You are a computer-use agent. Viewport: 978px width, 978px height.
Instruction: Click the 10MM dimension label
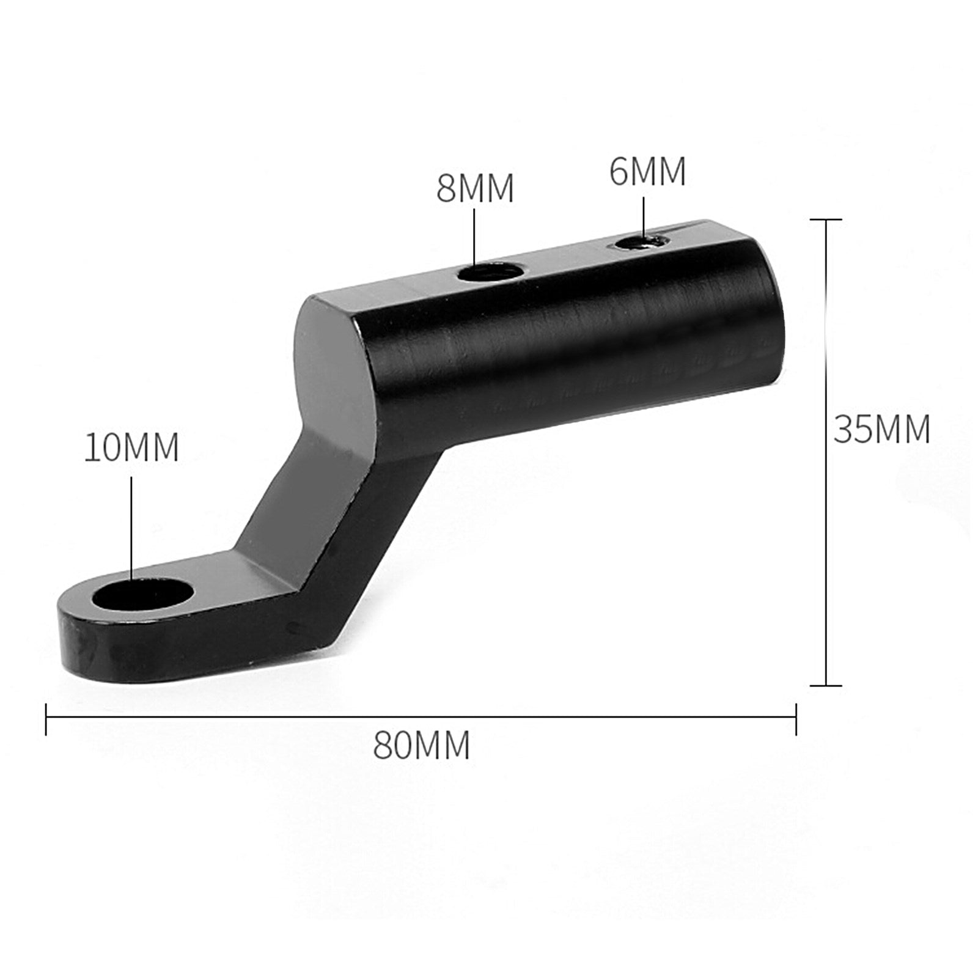click(131, 447)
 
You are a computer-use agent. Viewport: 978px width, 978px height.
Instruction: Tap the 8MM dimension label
click(475, 188)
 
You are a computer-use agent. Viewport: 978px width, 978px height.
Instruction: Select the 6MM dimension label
click(647, 172)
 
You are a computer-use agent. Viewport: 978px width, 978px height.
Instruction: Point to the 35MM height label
click(881, 429)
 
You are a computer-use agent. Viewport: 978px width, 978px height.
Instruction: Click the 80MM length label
click(422, 745)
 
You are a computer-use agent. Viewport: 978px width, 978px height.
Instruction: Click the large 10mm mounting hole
click(142, 594)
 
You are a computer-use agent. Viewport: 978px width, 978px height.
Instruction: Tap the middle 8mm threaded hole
click(490, 271)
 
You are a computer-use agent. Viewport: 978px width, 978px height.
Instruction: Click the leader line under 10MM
click(131, 526)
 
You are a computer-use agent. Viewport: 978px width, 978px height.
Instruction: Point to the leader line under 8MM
click(475, 238)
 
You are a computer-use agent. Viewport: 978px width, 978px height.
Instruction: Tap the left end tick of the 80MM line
click(46, 718)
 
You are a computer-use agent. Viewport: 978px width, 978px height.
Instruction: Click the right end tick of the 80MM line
click(796, 718)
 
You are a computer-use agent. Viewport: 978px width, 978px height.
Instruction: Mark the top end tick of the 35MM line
click(826, 219)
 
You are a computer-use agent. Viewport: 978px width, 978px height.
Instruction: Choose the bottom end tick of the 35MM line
click(826, 685)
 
